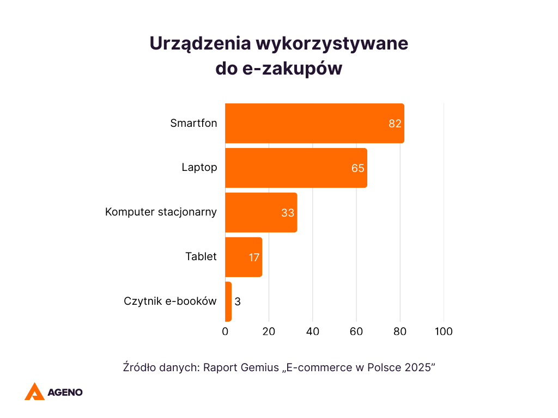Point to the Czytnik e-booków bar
(x=228, y=302)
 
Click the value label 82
(x=395, y=124)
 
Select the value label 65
(x=358, y=168)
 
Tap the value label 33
(x=288, y=213)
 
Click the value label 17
(x=254, y=257)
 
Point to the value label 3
(x=238, y=302)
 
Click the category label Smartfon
(x=193, y=123)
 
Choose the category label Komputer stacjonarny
(x=161, y=212)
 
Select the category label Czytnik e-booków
(x=170, y=301)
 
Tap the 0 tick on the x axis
(x=225, y=331)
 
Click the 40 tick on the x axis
(x=313, y=331)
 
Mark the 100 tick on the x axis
(x=444, y=331)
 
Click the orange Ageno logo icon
(x=34, y=391)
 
